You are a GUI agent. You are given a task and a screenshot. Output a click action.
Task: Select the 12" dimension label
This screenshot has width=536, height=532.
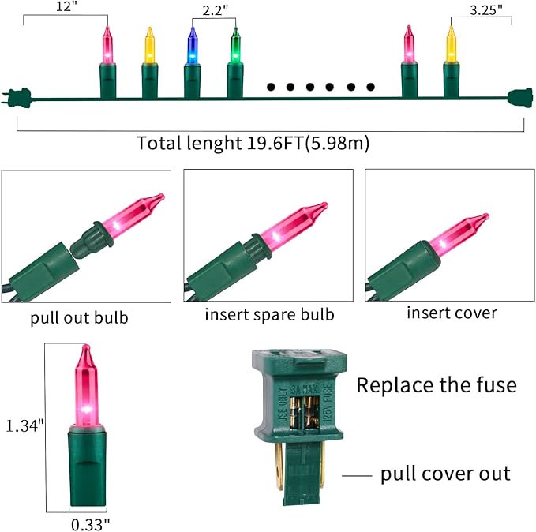pyautogui.click(x=67, y=6)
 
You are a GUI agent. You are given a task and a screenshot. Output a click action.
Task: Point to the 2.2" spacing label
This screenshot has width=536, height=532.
pyautogui.click(x=215, y=10)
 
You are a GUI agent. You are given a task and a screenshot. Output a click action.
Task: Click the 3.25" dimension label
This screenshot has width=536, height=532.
pyautogui.click(x=486, y=10)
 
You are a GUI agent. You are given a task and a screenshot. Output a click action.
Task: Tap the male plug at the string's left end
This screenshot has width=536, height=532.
pyautogui.click(x=17, y=95)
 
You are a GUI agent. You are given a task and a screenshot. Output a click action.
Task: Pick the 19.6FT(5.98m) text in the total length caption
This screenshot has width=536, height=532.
pyautogui.click(x=308, y=143)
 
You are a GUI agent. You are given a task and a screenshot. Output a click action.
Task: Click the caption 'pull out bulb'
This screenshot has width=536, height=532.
pyautogui.click(x=79, y=317)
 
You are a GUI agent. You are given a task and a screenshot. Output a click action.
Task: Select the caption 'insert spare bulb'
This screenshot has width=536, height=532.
pyautogui.click(x=269, y=315)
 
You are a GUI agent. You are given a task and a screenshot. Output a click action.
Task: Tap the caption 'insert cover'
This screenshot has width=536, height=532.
pyautogui.click(x=452, y=313)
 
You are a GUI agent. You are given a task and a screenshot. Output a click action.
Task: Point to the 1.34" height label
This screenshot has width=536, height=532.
pyautogui.click(x=24, y=426)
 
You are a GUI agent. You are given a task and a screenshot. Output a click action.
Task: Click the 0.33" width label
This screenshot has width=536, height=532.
pyautogui.click(x=91, y=524)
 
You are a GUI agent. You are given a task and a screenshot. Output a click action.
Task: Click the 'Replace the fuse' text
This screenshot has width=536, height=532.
pyautogui.click(x=437, y=385)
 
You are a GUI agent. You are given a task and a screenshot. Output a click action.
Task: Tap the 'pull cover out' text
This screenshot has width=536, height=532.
pyautogui.click(x=445, y=474)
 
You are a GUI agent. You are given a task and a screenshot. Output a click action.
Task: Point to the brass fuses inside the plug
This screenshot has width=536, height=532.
pyautogui.click(x=304, y=411)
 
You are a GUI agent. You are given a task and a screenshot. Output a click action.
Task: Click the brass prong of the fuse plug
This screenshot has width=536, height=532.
pyautogui.click(x=279, y=465)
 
